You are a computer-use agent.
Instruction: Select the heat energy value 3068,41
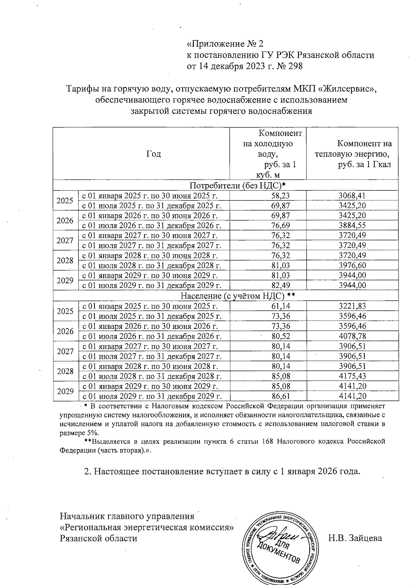[x=352, y=196]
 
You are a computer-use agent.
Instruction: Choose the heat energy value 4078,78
[x=352, y=336]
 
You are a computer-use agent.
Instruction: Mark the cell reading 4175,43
[x=352, y=376]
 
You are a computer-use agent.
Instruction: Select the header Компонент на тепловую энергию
[x=353, y=154]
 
